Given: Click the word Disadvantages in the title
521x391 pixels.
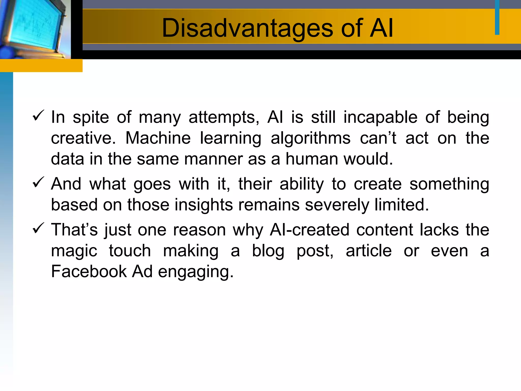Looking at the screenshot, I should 247,28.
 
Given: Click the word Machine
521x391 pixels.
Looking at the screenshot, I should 158,138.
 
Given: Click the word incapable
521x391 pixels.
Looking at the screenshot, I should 381,118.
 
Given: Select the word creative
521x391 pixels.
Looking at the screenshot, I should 83,138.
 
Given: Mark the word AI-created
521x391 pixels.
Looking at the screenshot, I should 309,230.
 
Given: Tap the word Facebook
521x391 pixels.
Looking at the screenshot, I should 89,271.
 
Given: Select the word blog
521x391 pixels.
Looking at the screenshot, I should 268,251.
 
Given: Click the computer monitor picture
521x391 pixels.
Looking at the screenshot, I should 33,28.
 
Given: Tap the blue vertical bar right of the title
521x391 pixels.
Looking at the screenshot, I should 497,17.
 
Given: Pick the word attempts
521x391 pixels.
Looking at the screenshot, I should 224,118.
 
